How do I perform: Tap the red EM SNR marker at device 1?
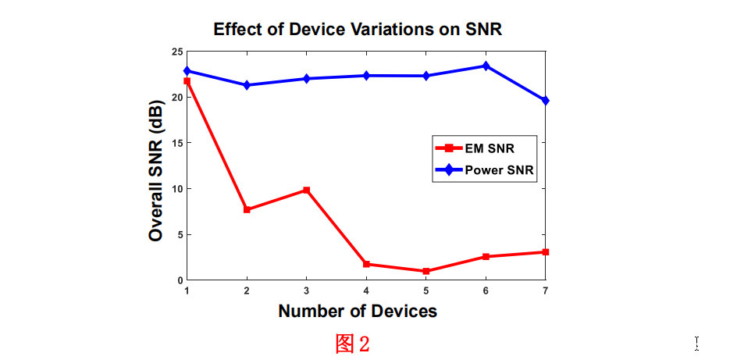click(187, 81)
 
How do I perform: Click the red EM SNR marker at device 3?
click(307, 190)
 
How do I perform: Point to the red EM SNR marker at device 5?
click(426, 271)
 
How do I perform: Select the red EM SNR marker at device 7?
click(546, 252)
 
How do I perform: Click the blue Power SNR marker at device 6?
click(486, 66)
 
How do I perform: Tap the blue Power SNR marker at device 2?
click(247, 85)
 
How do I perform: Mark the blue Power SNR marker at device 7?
click(546, 101)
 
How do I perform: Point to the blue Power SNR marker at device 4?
click(366, 76)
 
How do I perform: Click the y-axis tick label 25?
click(176, 52)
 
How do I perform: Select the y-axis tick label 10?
click(176, 189)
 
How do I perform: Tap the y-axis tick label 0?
click(179, 280)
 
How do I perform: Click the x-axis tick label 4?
click(366, 290)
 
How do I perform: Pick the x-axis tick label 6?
click(486, 290)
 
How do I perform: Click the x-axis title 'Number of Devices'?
click(358, 311)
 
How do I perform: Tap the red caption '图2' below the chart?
click(352, 344)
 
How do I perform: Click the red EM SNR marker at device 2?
click(247, 209)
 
